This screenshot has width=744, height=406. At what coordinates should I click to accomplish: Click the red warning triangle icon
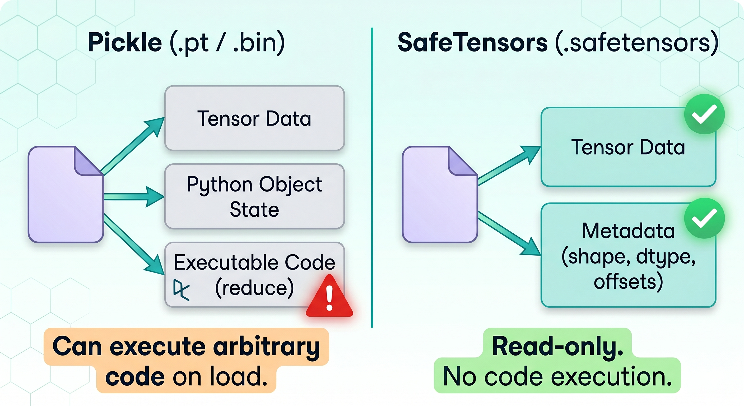click(x=329, y=296)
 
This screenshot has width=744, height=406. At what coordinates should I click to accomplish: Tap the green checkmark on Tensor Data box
click(x=704, y=114)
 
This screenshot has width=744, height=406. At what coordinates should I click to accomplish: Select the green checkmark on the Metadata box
click(x=704, y=218)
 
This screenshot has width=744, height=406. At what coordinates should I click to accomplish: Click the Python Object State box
click(x=254, y=196)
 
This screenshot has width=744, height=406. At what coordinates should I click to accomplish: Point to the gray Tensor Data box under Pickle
click(x=254, y=118)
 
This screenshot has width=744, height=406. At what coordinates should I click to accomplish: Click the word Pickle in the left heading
click(x=125, y=43)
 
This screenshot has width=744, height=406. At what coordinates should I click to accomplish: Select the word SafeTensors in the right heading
click(x=472, y=43)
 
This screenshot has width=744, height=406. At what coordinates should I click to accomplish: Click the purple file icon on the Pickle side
click(x=66, y=195)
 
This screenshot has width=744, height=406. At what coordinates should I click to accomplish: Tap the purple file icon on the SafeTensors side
click(x=440, y=195)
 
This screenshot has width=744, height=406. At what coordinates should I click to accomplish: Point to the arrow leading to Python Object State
click(x=134, y=196)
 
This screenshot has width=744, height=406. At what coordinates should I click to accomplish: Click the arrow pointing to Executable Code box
click(x=134, y=244)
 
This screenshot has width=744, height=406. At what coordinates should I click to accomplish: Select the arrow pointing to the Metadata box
click(x=509, y=233)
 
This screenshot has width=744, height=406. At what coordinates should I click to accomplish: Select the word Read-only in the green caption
click(x=557, y=346)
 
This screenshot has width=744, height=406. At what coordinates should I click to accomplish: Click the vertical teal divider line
click(x=372, y=178)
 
